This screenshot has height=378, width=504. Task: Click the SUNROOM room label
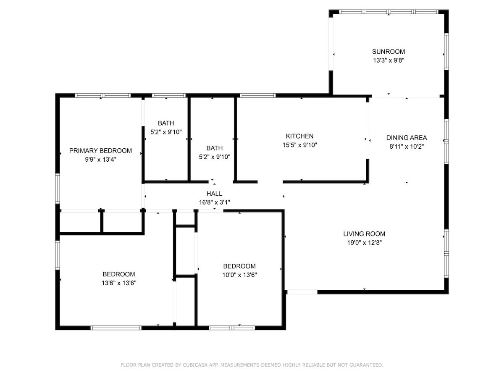(x=388, y=52)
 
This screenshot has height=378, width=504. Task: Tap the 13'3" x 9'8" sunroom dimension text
(x=388, y=60)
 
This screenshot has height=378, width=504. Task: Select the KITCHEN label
(x=299, y=136)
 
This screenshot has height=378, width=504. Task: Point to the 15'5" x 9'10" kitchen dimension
(x=299, y=145)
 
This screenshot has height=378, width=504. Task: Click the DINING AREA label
(x=407, y=137)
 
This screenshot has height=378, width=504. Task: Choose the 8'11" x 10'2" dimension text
(x=407, y=147)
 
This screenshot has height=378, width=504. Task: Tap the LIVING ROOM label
(x=364, y=234)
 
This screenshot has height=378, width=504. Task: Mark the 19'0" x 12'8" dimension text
(x=364, y=242)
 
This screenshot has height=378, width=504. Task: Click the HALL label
(x=214, y=194)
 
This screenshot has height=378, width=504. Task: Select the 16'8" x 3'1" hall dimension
(x=214, y=202)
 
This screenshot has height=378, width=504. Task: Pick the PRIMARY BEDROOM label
(x=100, y=150)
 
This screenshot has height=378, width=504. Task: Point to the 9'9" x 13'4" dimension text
(x=100, y=159)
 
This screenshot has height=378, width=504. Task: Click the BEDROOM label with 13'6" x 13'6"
(x=119, y=274)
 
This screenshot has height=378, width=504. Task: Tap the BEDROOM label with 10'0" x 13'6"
(x=239, y=266)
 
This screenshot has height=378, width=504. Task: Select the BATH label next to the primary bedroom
(x=166, y=123)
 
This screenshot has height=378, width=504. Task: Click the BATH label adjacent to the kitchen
(x=214, y=148)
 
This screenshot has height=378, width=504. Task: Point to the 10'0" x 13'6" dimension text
(x=239, y=275)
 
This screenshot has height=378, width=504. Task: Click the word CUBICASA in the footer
(x=195, y=365)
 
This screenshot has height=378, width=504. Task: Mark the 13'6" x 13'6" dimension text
(x=119, y=283)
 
